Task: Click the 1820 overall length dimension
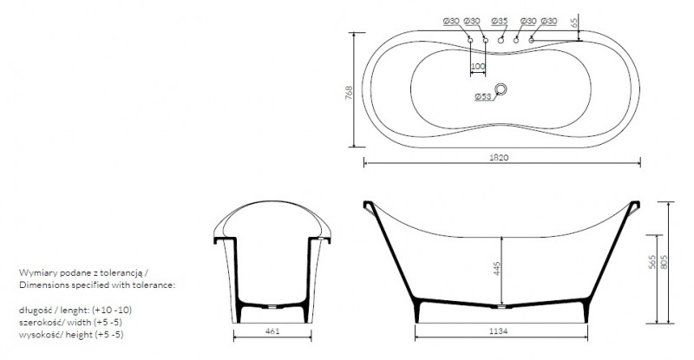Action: (x=499, y=157)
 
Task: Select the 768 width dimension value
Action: (x=349, y=93)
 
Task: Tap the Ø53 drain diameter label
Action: (x=483, y=96)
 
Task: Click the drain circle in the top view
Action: (x=501, y=89)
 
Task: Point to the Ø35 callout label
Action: (x=500, y=21)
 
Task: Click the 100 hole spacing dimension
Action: (x=478, y=67)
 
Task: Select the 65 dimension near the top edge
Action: (x=574, y=23)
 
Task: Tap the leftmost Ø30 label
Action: (x=451, y=21)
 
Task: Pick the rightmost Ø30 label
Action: (x=549, y=21)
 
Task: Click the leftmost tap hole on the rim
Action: (x=470, y=40)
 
